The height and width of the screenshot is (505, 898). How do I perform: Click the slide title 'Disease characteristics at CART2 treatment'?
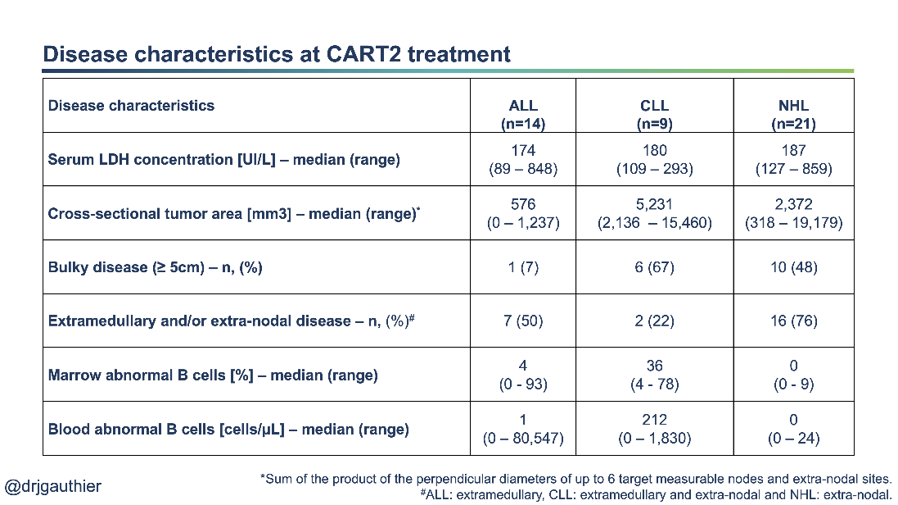click(x=276, y=54)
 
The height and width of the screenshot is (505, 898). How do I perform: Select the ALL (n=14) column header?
click(x=523, y=115)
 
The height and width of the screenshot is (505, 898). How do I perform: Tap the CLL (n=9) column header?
click(x=654, y=115)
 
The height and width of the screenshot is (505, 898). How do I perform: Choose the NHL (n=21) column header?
click(x=793, y=115)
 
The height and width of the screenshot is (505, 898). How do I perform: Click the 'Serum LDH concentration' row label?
click(x=223, y=160)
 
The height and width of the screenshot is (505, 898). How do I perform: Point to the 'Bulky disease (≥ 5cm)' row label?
click(x=155, y=267)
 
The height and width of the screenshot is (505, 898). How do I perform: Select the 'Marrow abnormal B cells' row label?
click(x=213, y=375)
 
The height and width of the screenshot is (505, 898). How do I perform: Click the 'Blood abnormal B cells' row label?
click(x=228, y=429)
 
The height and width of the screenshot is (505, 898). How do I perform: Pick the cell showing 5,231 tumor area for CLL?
click(x=654, y=213)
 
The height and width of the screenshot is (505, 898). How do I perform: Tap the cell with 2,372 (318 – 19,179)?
click(x=793, y=213)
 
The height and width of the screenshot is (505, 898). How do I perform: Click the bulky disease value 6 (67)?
click(x=654, y=267)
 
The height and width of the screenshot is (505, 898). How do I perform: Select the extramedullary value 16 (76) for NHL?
click(x=793, y=321)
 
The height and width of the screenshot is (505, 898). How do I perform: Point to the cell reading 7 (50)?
click(x=523, y=321)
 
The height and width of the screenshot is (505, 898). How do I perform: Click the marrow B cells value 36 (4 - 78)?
click(x=654, y=375)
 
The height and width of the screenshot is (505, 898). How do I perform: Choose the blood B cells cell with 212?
click(x=654, y=429)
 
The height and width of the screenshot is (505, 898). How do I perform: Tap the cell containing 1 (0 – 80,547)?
click(x=523, y=429)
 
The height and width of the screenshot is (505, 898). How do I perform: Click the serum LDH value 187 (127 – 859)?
click(x=793, y=160)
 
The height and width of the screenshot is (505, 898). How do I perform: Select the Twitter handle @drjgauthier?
click(x=53, y=486)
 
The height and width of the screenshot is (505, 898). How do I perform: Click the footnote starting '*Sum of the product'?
click(x=575, y=478)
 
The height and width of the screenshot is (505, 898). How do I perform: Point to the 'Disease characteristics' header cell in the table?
click(x=131, y=106)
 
